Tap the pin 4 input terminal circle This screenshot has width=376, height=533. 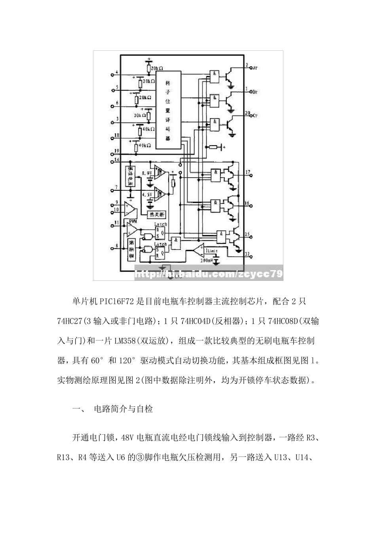pos(112,75)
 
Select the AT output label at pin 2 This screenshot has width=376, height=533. pos(255,68)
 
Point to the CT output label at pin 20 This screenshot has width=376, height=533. pos(255,116)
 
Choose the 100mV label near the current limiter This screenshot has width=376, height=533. pos(206,261)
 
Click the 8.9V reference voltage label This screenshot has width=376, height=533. pos(147,174)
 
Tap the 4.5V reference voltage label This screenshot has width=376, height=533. pos(147,195)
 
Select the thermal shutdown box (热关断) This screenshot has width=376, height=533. pos(157,215)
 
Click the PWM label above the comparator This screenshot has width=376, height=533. pos(133,220)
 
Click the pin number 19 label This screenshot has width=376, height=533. pos(116,150)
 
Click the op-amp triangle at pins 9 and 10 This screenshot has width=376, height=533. pos(130,207)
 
